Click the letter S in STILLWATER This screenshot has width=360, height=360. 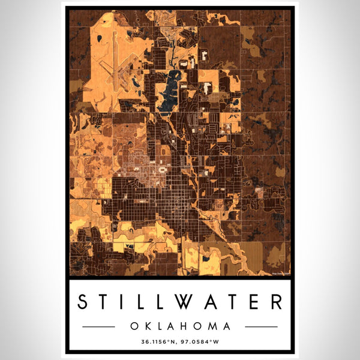pyautogui.click(x=85, y=302)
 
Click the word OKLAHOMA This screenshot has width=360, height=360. pyautogui.click(x=180, y=326)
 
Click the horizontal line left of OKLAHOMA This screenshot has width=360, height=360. pyautogui.click(x=98, y=326)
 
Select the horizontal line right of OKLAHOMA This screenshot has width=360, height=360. pyautogui.click(x=262, y=326)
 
